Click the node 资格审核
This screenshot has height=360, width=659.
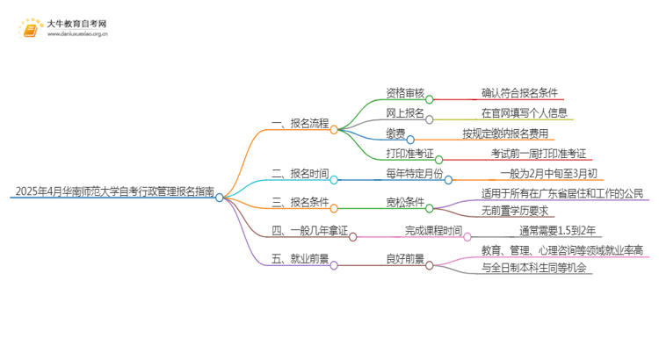[x=406, y=92]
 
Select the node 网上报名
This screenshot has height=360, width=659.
[x=406, y=113]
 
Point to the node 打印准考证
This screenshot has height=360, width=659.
[x=411, y=155]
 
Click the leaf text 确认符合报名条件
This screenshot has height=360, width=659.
[x=519, y=92]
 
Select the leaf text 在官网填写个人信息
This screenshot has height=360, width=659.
[x=525, y=113]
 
